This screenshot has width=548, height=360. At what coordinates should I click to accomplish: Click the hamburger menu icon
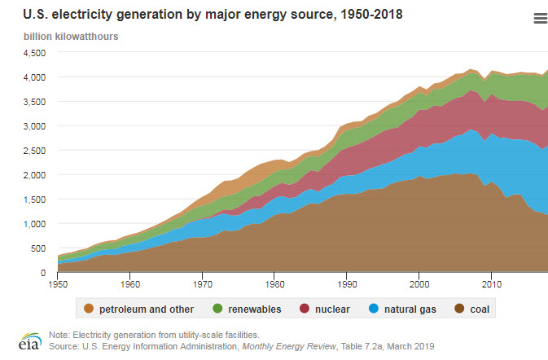(x=539, y=20)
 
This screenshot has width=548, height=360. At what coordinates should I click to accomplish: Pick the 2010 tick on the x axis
(x=491, y=284)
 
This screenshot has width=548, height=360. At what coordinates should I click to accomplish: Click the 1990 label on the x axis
(x=349, y=284)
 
